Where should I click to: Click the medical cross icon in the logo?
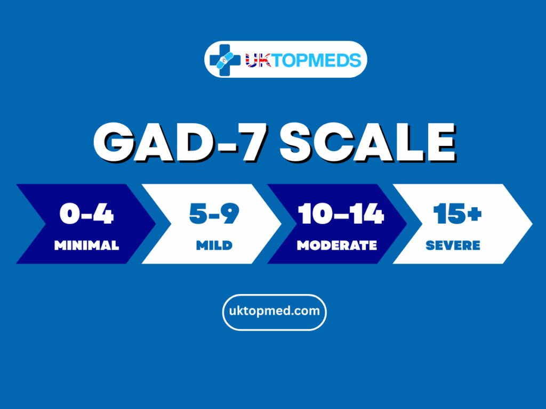[x=225, y=60]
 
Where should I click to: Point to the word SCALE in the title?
[x=368, y=142]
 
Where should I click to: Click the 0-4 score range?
[x=87, y=214]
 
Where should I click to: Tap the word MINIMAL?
[x=87, y=245]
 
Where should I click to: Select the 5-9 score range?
[x=214, y=214]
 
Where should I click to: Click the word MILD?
[x=214, y=245]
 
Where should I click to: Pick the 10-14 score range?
[x=341, y=214]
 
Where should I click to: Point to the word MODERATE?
[x=337, y=245]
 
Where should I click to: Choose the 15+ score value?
[x=457, y=214]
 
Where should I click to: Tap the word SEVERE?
[x=453, y=245]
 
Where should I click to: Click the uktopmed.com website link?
[x=275, y=311]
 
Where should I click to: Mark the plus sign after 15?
[x=475, y=212]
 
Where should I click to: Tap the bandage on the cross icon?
[x=225, y=61]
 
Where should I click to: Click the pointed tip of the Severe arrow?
[x=533, y=224]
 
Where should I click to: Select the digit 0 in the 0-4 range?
[x=70, y=214]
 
